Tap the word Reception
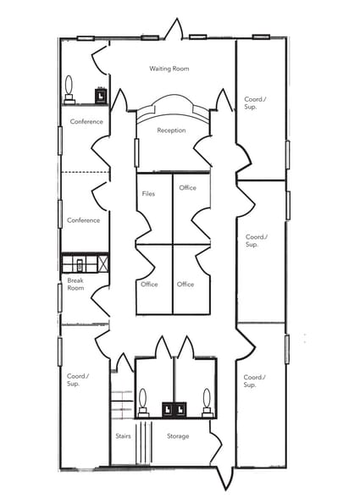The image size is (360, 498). (171, 130)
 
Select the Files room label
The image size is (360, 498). (148, 194)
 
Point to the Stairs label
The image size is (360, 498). (123, 436)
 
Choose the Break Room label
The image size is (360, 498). (75, 284)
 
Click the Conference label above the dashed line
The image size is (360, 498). (86, 121)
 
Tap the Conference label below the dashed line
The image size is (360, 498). (84, 220)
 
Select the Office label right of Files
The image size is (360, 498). (187, 188)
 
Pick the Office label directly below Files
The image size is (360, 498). (149, 285)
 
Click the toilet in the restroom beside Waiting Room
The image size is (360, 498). (69, 89)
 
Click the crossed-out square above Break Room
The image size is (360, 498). (103, 263)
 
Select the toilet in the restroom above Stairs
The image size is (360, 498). (143, 401)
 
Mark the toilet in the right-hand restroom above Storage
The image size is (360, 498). (207, 401)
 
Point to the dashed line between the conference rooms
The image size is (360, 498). (85, 173)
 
